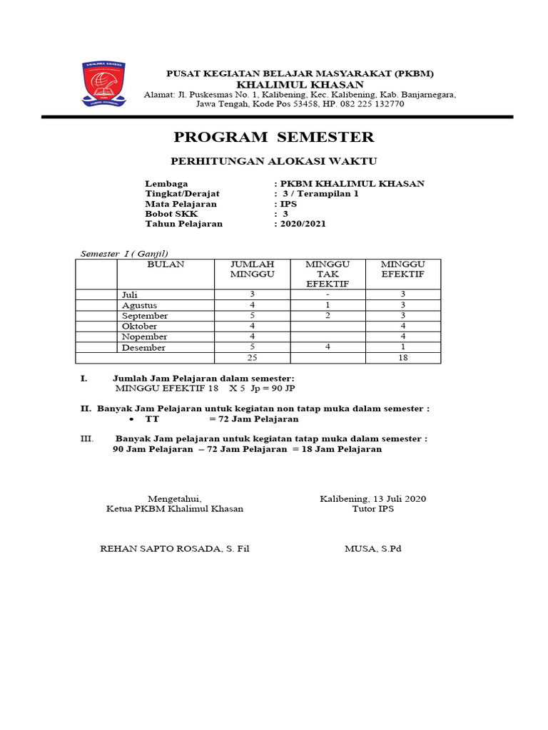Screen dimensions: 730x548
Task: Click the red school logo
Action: [x=104, y=84]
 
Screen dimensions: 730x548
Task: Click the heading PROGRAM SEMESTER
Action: [x=274, y=137]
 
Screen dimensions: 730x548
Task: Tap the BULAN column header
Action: [x=166, y=264]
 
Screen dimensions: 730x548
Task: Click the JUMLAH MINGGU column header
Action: [x=251, y=269]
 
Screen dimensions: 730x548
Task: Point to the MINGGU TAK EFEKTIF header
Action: [x=328, y=274]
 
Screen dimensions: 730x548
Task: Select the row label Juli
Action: [x=129, y=294]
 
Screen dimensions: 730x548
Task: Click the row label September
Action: [x=145, y=316]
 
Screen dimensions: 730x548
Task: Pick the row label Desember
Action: [x=143, y=348]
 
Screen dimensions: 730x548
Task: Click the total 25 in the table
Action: [x=251, y=358]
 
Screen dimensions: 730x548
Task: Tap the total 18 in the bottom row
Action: [x=402, y=358]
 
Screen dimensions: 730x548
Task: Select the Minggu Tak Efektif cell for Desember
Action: [x=328, y=347]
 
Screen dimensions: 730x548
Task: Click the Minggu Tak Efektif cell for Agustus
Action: [x=328, y=305]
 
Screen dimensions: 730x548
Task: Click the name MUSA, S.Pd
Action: [x=372, y=548]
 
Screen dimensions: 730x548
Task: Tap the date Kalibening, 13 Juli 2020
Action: [x=372, y=498]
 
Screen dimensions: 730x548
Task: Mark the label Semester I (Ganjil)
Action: [x=124, y=254]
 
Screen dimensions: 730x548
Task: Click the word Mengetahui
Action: [x=175, y=498]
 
